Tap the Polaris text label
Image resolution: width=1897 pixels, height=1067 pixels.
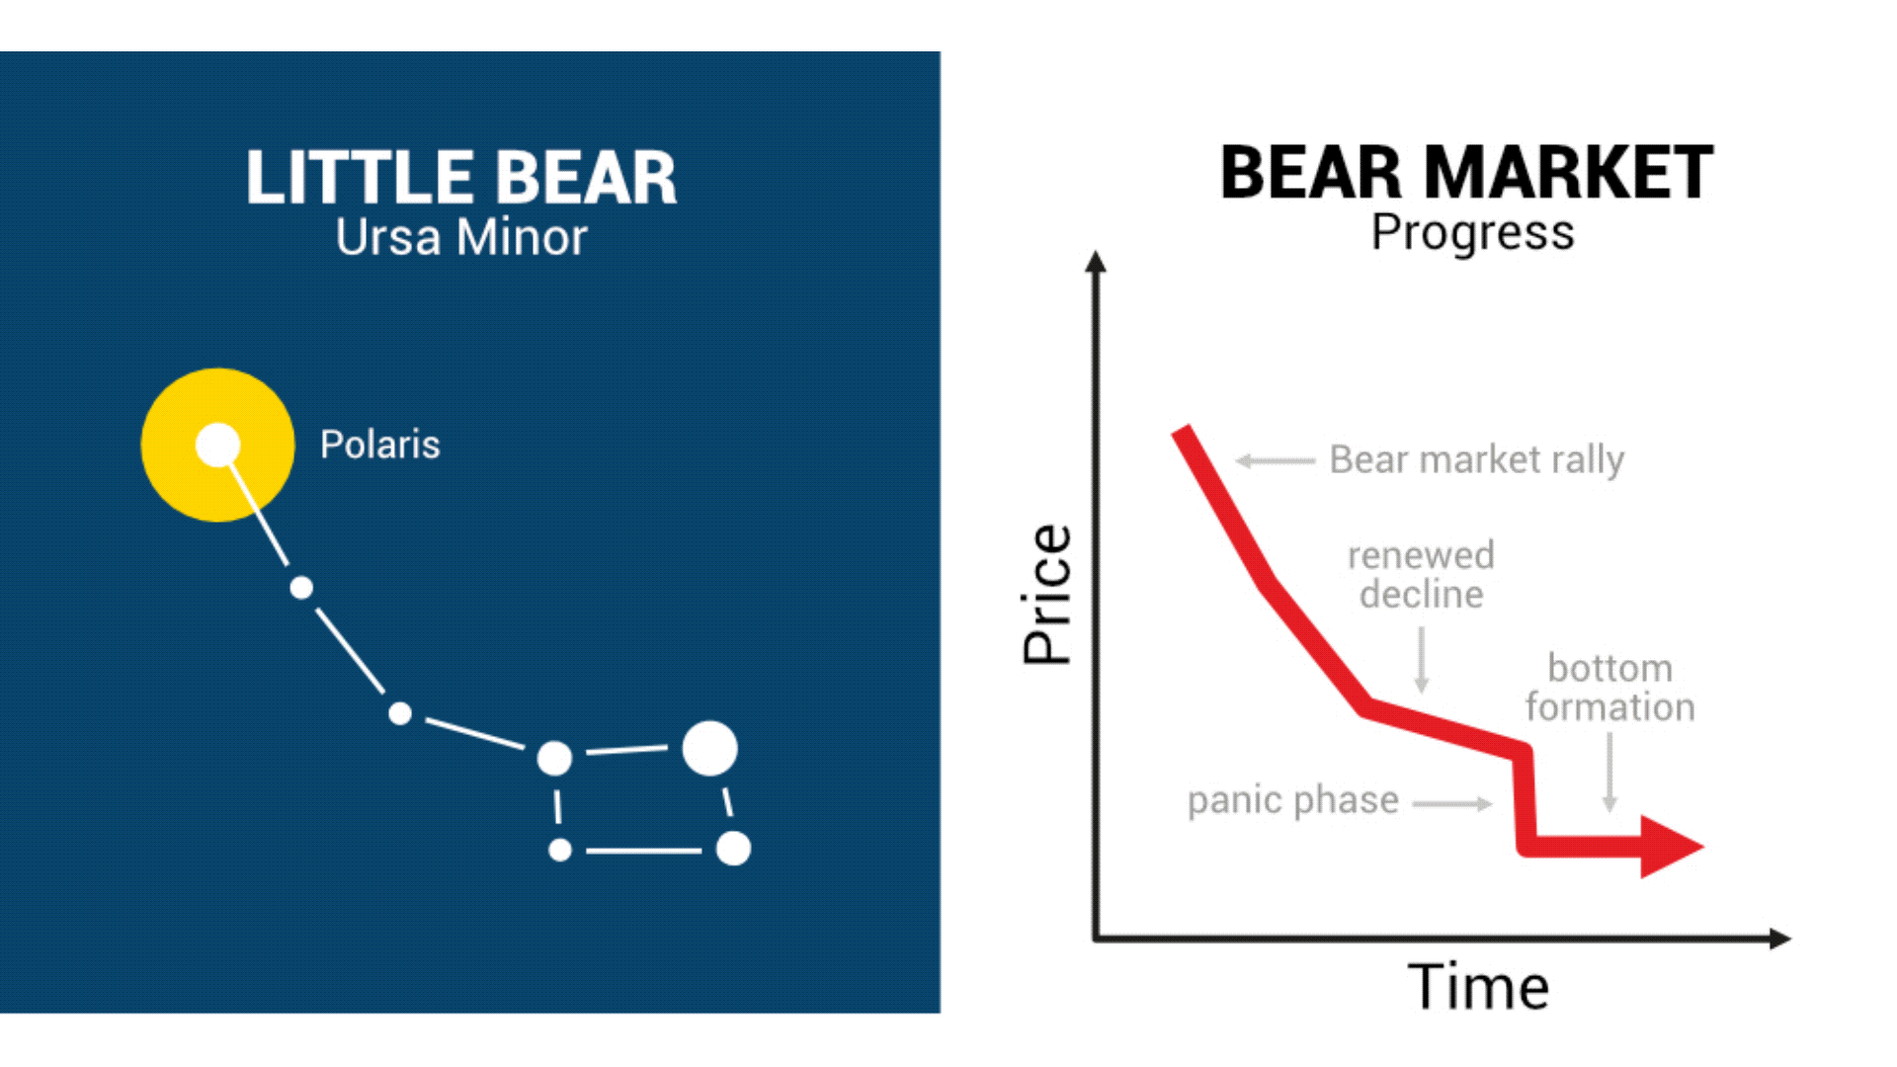tap(379, 445)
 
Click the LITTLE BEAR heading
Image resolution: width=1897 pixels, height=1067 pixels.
tap(461, 178)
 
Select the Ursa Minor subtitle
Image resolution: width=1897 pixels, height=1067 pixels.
tap(461, 238)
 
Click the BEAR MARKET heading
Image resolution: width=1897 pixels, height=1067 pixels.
tap(1466, 173)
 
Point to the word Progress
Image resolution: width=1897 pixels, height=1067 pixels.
tap(1472, 233)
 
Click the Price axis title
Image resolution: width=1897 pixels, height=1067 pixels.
tap(1047, 594)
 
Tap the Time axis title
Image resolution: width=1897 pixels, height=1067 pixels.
tap(1478, 986)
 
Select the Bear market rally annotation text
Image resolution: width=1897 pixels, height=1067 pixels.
tap(1476, 459)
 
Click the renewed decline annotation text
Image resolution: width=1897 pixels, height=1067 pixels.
tap(1421, 575)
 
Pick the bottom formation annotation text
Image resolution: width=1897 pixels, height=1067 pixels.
tap(1609, 688)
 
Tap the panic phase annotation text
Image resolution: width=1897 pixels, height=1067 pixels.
tap(1292, 799)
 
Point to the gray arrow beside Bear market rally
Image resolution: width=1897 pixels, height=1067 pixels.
tap(1275, 460)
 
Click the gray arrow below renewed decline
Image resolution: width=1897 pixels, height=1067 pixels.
tap(1422, 660)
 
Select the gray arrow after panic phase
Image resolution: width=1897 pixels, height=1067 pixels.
tap(1452, 804)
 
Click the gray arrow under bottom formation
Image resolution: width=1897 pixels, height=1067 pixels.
tap(1609, 773)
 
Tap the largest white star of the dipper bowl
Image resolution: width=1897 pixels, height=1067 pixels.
tap(709, 748)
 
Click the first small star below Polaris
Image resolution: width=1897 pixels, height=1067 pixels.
tap(301, 588)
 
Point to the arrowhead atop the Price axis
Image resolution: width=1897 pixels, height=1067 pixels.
tap(1095, 261)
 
